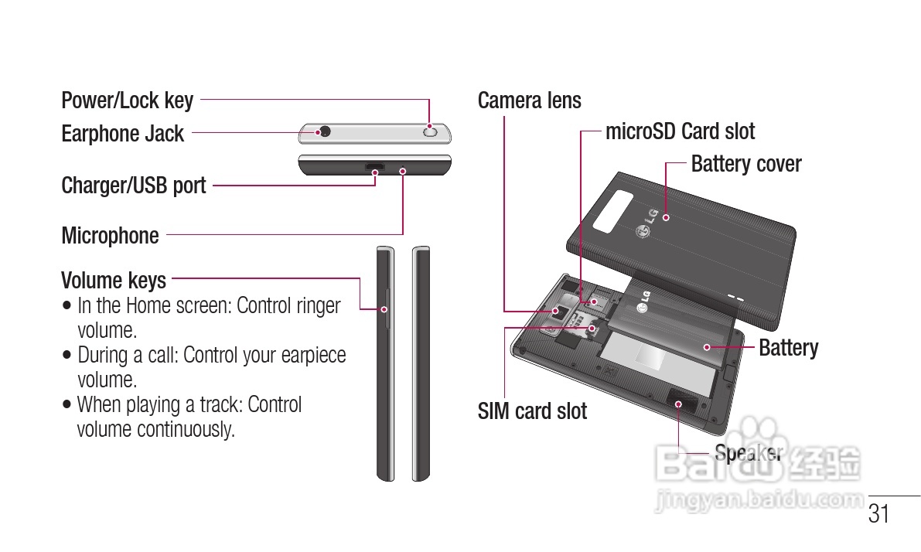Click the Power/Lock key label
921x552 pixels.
[128, 101]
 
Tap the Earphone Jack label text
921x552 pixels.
[122, 134]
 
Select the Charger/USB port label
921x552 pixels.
[134, 186]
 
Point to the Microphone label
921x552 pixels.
[110, 236]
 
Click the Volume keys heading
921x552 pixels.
[114, 279]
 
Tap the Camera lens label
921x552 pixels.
[530, 101]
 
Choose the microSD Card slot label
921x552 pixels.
[680, 131]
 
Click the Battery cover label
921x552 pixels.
[745, 164]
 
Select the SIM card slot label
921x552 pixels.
[532, 411]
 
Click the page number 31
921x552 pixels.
[879, 514]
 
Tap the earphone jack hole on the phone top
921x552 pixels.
[325, 131]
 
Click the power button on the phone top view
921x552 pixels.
[430, 132]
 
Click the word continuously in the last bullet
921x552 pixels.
[186, 429]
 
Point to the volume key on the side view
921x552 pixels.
[385, 309]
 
